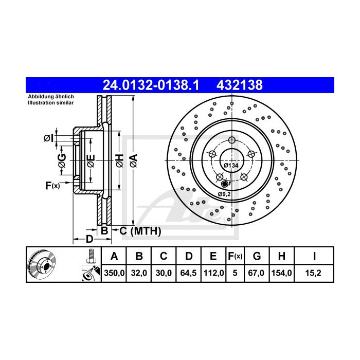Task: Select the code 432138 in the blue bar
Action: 241,85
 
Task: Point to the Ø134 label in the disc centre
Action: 231,165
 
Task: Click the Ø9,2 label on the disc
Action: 224,193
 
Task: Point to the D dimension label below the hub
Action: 89,240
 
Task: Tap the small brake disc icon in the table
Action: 42,265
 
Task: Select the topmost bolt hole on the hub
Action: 231,141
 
